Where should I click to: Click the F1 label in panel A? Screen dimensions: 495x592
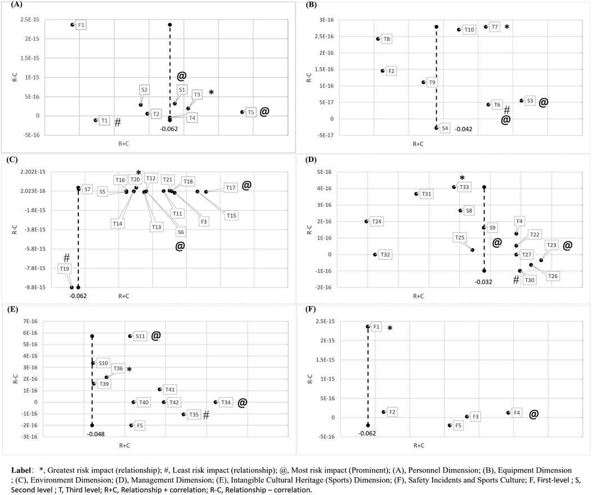point(82,25)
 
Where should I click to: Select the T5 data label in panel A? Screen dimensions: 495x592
point(251,112)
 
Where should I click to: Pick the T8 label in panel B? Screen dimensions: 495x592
point(387,39)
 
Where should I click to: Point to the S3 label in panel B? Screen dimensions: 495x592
point(530,101)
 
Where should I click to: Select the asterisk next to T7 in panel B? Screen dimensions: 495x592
point(506,27)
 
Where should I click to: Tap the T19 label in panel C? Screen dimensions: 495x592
point(64,269)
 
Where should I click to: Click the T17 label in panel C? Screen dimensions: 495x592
point(230,188)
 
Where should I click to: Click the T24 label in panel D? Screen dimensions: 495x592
point(377,222)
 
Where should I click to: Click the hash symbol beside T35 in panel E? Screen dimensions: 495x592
point(207,415)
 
